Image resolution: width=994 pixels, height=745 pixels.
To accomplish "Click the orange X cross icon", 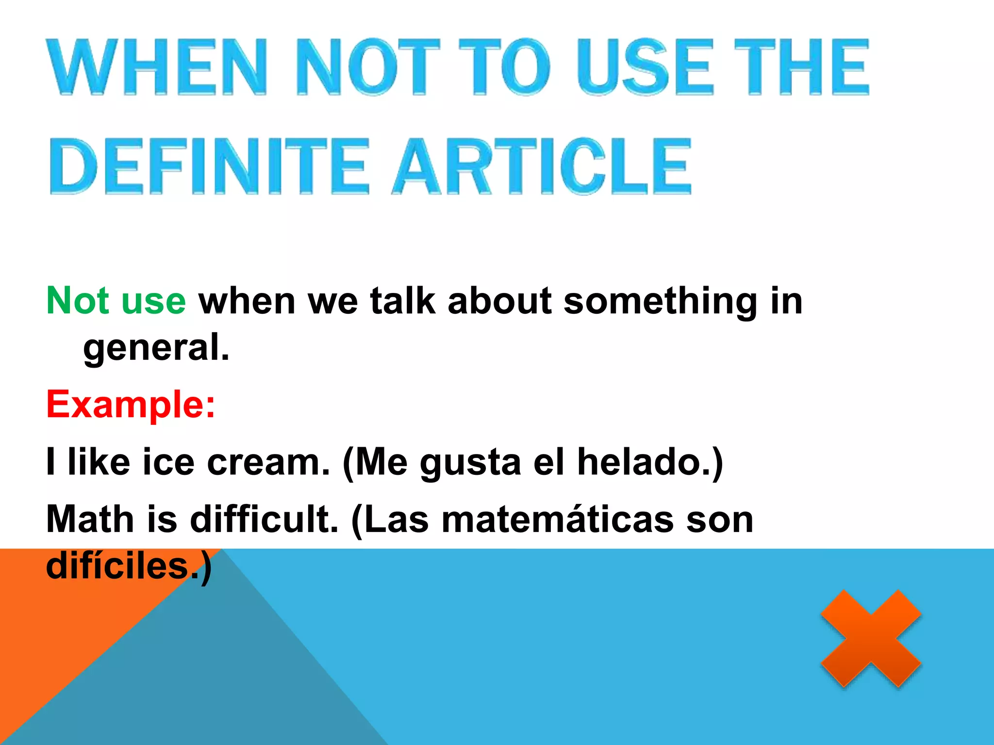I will pyautogui.click(x=871, y=638).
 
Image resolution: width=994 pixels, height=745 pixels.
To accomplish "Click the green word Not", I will pyautogui.click(x=78, y=301).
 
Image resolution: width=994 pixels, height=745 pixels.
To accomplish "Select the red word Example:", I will pyautogui.click(x=131, y=404).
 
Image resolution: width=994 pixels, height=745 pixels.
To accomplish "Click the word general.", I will pyautogui.click(x=156, y=348).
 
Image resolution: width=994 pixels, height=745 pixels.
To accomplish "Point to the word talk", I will pyautogui.click(x=402, y=301).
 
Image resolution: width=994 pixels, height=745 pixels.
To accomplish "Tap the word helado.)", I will pyautogui.click(x=650, y=462).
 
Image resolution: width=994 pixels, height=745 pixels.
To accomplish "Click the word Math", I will pyautogui.click(x=90, y=519).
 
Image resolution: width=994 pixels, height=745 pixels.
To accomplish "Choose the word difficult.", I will pyautogui.click(x=264, y=519).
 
